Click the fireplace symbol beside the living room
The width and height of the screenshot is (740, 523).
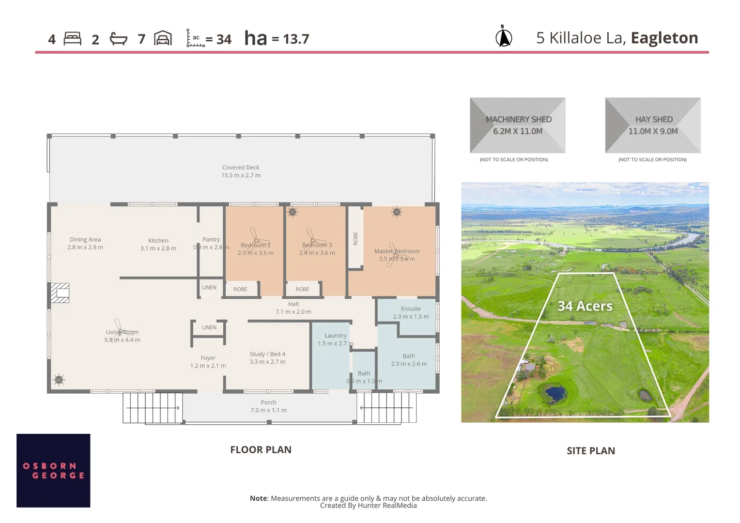(61, 293)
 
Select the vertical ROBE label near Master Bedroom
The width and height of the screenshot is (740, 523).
(355, 238)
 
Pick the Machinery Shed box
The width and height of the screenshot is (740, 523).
(518, 125)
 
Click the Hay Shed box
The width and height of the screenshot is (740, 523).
(653, 125)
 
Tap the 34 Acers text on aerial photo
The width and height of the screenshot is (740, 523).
(585, 306)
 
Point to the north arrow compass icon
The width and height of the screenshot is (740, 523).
(504, 37)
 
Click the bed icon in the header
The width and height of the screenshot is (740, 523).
(72, 39)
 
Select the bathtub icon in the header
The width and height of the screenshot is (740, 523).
(118, 39)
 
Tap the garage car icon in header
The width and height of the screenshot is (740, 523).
(163, 38)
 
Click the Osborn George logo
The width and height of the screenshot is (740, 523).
(53, 471)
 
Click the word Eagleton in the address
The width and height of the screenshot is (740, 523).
(664, 38)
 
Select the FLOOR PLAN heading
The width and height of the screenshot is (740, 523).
(261, 450)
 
